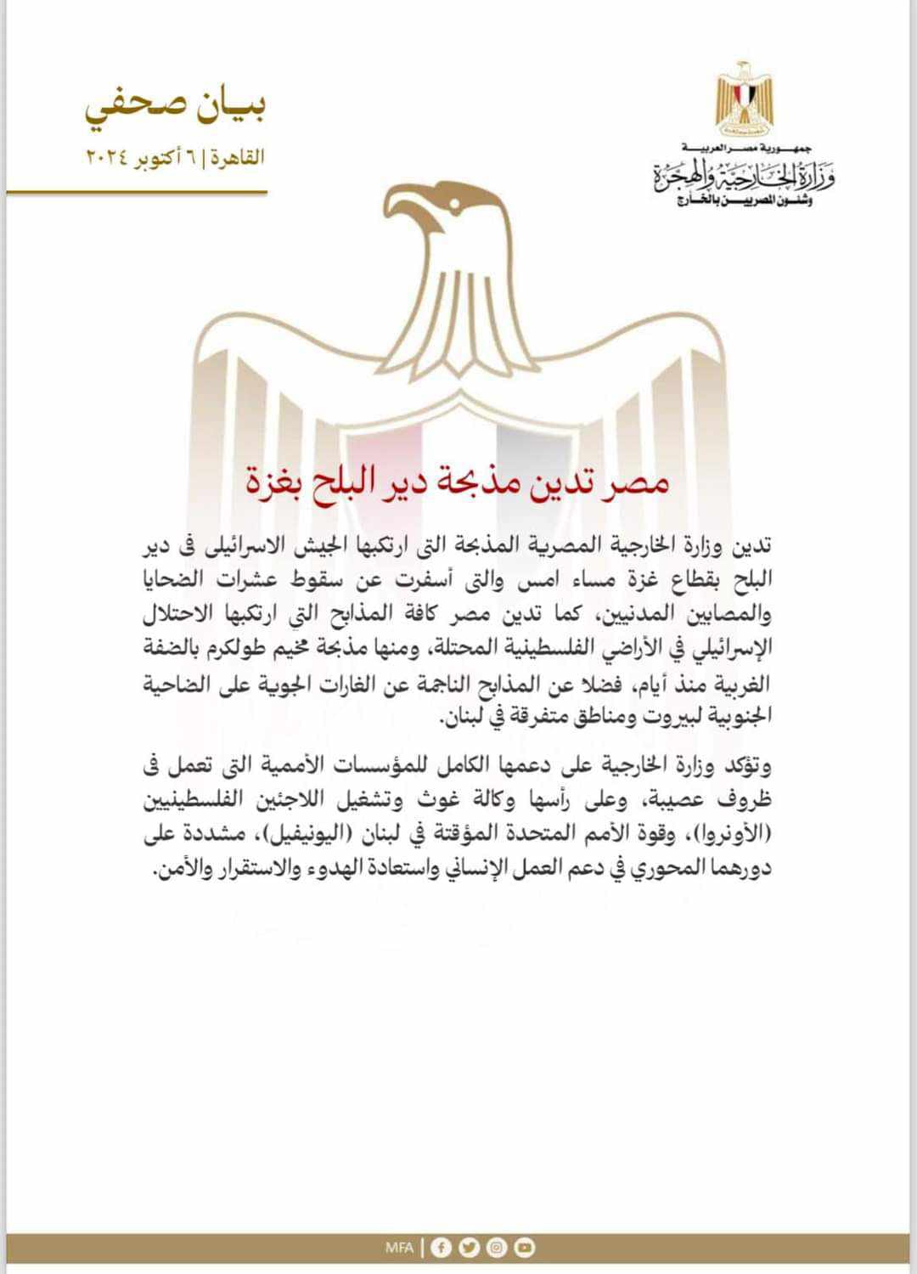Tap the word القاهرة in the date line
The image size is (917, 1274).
pyautogui.click(x=239, y=157)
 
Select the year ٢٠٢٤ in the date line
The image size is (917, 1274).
pyautogui.click(x=105, y=157)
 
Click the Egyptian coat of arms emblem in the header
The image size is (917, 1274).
pyautogui.click(x=744, y=99)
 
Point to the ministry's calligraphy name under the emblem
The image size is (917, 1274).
pyautogui.click(x=744, y=177)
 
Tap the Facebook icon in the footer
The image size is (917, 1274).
pyautogui.click(x=441, y=1247)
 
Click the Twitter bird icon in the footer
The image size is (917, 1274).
pyautogui.click(x=469, y=1247)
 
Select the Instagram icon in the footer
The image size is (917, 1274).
pyautogui.click(x=497, y=1247)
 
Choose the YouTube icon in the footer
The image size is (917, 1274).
pyautogui.click(x=525, y=1247)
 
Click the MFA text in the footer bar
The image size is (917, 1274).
pyautogui.click(x=399, y=1248)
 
